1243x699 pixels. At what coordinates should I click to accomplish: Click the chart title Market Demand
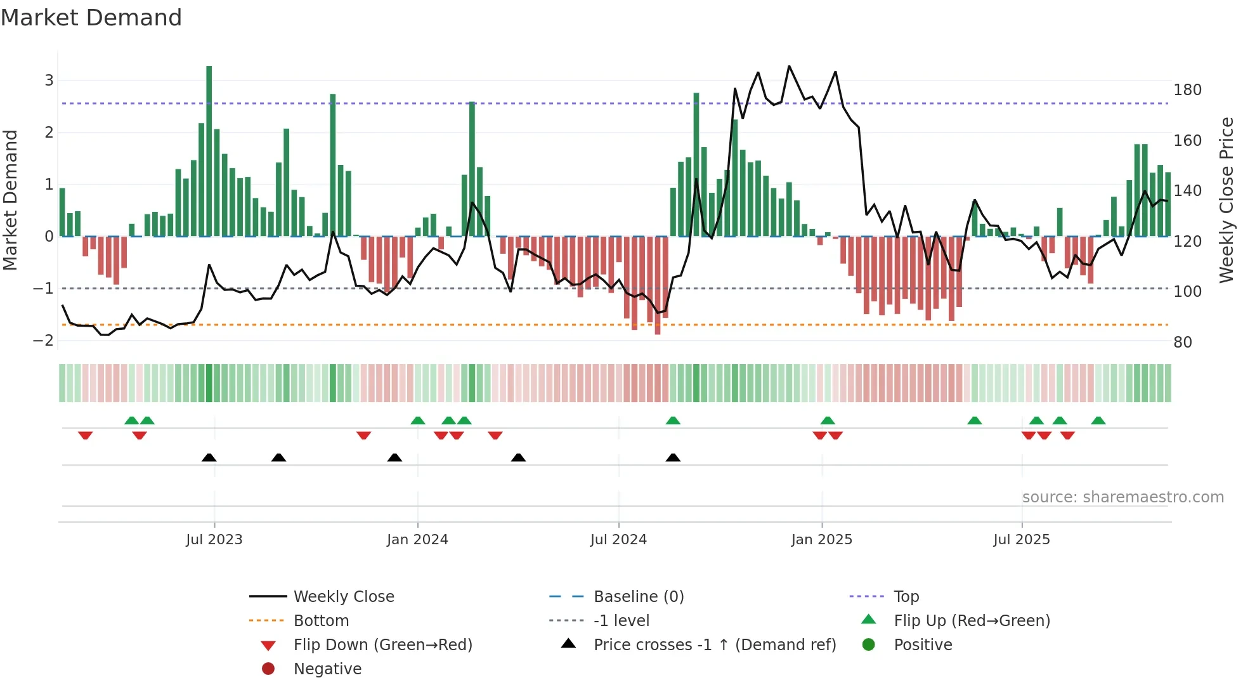coord(91,18)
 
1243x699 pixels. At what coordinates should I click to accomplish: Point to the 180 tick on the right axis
coord(1187,90)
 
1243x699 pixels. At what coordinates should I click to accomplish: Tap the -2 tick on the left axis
coord(43,341)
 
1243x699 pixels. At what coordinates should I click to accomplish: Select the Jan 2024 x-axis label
coord(417,540)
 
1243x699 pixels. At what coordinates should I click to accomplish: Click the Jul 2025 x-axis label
coord(1021,540)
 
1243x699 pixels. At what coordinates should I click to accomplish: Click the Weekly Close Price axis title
coord(1227,200)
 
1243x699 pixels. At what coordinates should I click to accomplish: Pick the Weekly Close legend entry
coord(343,597)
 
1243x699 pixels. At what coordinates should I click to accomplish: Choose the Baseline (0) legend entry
coord(638,597)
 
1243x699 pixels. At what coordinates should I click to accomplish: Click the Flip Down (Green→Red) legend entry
coord(382,645)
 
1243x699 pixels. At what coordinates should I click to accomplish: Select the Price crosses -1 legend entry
coord(714,645)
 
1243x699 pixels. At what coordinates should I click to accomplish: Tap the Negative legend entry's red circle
coord(268,669)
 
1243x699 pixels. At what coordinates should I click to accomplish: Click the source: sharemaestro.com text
coord(1123,497)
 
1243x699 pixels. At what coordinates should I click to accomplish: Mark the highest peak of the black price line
coord(789,66)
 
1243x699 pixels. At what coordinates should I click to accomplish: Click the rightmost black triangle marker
coord(673,457)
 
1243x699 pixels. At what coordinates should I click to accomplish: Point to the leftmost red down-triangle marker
coord(86,435)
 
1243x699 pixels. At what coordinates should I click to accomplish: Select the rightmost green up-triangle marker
coord(1098,421)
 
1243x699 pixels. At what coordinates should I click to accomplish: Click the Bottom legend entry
coord(321,621)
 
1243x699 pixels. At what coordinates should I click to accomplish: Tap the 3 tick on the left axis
coord(49,81)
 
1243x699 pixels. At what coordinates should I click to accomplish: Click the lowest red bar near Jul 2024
coord(658,285)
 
